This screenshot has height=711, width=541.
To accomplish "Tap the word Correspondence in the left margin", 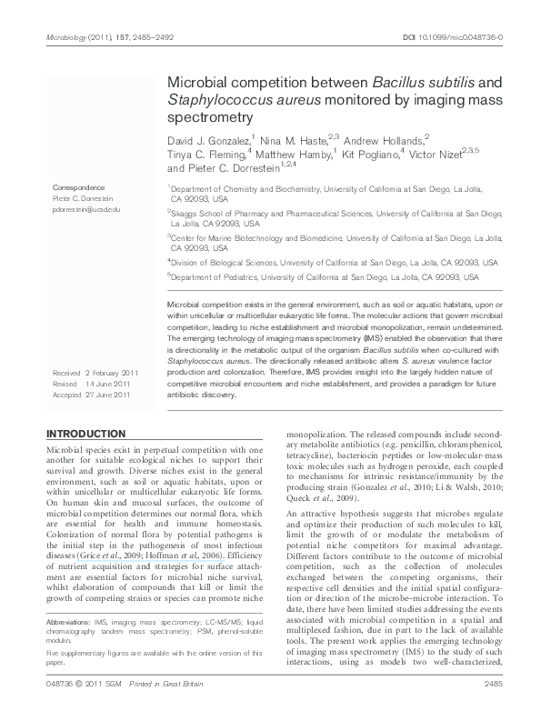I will pos(79,187).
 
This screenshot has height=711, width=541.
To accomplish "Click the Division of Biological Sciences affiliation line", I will pos(334,262).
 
